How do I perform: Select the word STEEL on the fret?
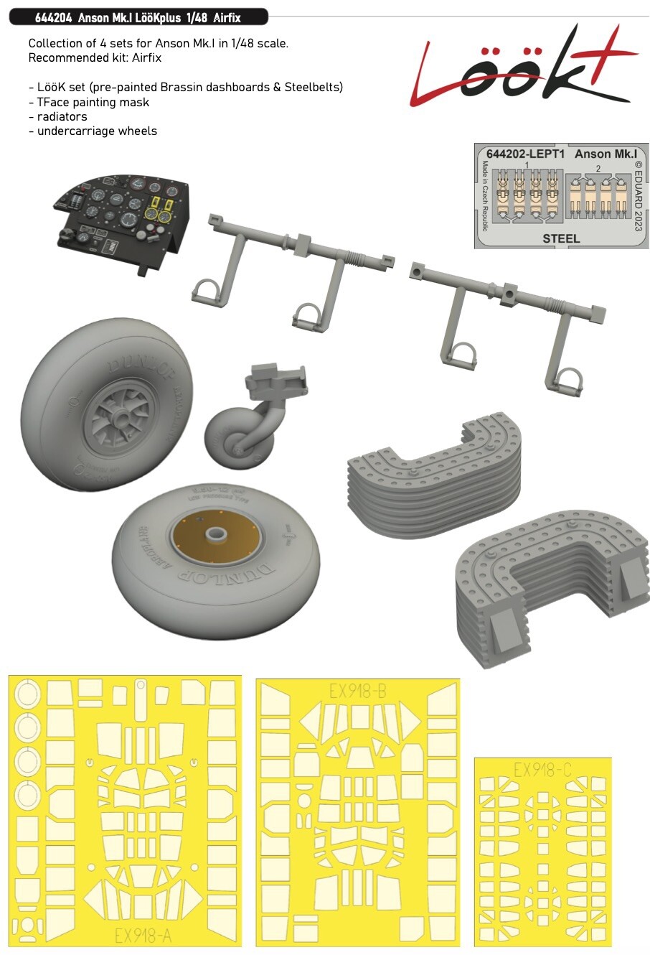click(562, 238)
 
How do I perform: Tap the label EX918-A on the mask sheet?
click(143, 936)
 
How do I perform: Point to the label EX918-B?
click(358, 691)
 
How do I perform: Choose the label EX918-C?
click(542, 770)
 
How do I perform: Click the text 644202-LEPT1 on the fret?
click(525, 154)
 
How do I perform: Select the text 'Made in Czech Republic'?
click(485, 195)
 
